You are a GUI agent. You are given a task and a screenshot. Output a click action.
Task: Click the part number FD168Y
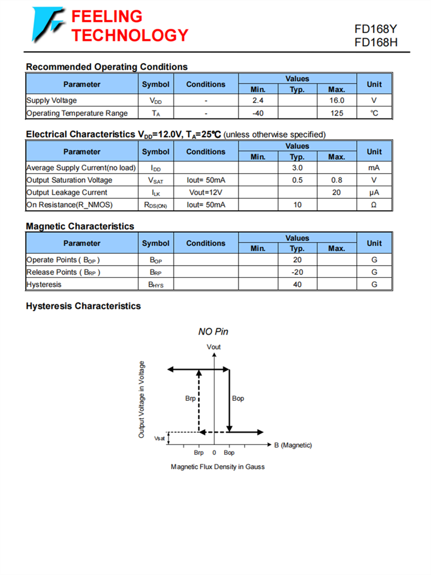coord(376,29)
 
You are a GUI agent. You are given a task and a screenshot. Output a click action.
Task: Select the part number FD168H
coord(376,42)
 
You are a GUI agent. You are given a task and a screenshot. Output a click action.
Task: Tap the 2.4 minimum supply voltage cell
coord(258,101)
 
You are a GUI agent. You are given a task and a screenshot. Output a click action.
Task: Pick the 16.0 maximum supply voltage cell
coord(337,101)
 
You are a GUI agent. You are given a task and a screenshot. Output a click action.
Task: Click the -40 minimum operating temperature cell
coord(258,113)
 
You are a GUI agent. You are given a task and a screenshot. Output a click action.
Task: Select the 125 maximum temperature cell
coord(337,113)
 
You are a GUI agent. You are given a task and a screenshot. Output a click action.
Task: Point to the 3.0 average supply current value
coord(297,168)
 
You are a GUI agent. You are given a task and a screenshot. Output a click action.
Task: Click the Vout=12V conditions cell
coord(206,193)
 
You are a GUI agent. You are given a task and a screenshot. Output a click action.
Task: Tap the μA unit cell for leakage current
coord(374,193)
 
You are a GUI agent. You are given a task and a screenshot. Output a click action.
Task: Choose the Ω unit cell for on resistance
coord(374,205)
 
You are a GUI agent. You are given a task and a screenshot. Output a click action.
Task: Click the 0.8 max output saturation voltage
coord(337,181)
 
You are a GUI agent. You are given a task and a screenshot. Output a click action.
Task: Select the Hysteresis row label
coord(44,285)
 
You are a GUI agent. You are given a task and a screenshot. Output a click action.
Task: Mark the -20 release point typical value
coord(297,272)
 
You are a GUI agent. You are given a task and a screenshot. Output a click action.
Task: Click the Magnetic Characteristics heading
coord(80,227)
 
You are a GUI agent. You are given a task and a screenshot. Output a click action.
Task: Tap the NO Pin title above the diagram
coord(213,332)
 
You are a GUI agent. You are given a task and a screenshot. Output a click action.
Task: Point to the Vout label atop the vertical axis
coord(214,347)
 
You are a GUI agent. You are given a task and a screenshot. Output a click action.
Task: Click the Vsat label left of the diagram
coord(159,439)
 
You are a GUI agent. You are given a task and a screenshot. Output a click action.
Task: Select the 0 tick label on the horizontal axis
coord(214,453)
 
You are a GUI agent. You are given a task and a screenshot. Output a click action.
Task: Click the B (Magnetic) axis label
coord(293,445)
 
